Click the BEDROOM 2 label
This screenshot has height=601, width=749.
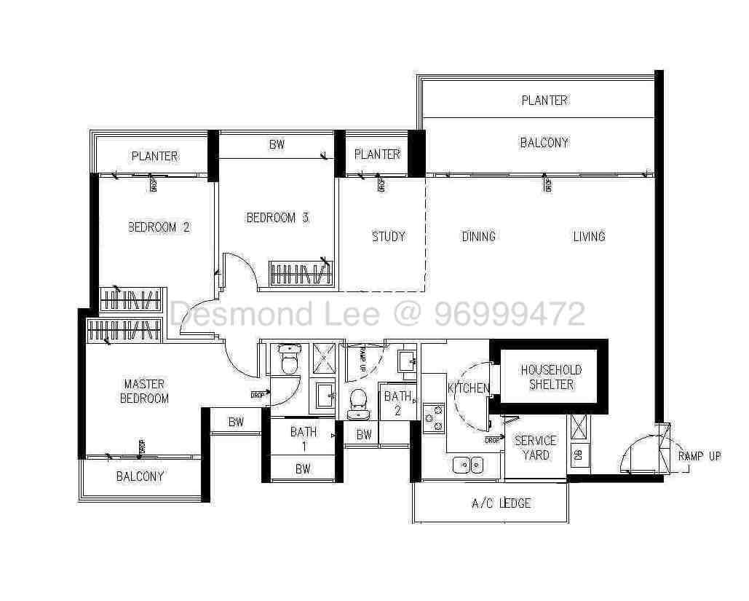click(159, 227)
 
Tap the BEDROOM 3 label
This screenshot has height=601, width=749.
click(277, 217)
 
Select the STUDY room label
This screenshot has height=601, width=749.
click(388, 236)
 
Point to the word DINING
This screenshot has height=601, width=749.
click(478, 236)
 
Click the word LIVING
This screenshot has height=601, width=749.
click(589, 236)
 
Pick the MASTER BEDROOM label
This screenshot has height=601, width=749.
click(144, 391)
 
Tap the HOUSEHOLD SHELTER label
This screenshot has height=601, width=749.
click(551, 377)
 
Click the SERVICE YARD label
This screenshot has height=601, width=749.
click(535, 448)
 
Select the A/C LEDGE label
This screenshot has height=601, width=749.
click(502, 503)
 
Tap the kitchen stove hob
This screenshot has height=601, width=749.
click(435, 417)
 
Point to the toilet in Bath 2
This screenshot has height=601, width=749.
click(358, 403)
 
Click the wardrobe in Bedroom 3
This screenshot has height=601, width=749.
click(299, 274)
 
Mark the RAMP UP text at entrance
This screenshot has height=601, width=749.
click(699, 456)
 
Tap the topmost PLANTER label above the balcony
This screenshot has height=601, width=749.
click(544, 101)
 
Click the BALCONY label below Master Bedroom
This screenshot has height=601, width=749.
click(140, 476)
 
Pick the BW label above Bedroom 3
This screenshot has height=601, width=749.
click(277, 145)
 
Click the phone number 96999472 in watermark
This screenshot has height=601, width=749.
click(510, 315)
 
